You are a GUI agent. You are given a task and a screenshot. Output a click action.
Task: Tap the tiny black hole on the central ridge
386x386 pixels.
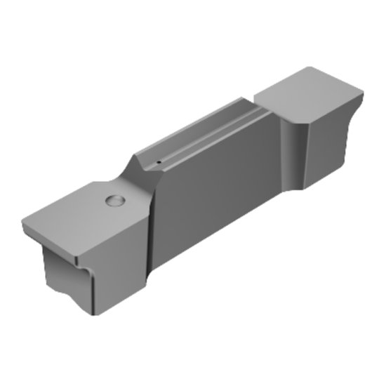tap(159, 163)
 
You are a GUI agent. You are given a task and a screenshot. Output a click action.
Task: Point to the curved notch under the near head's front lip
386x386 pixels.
tap(83, 267)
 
